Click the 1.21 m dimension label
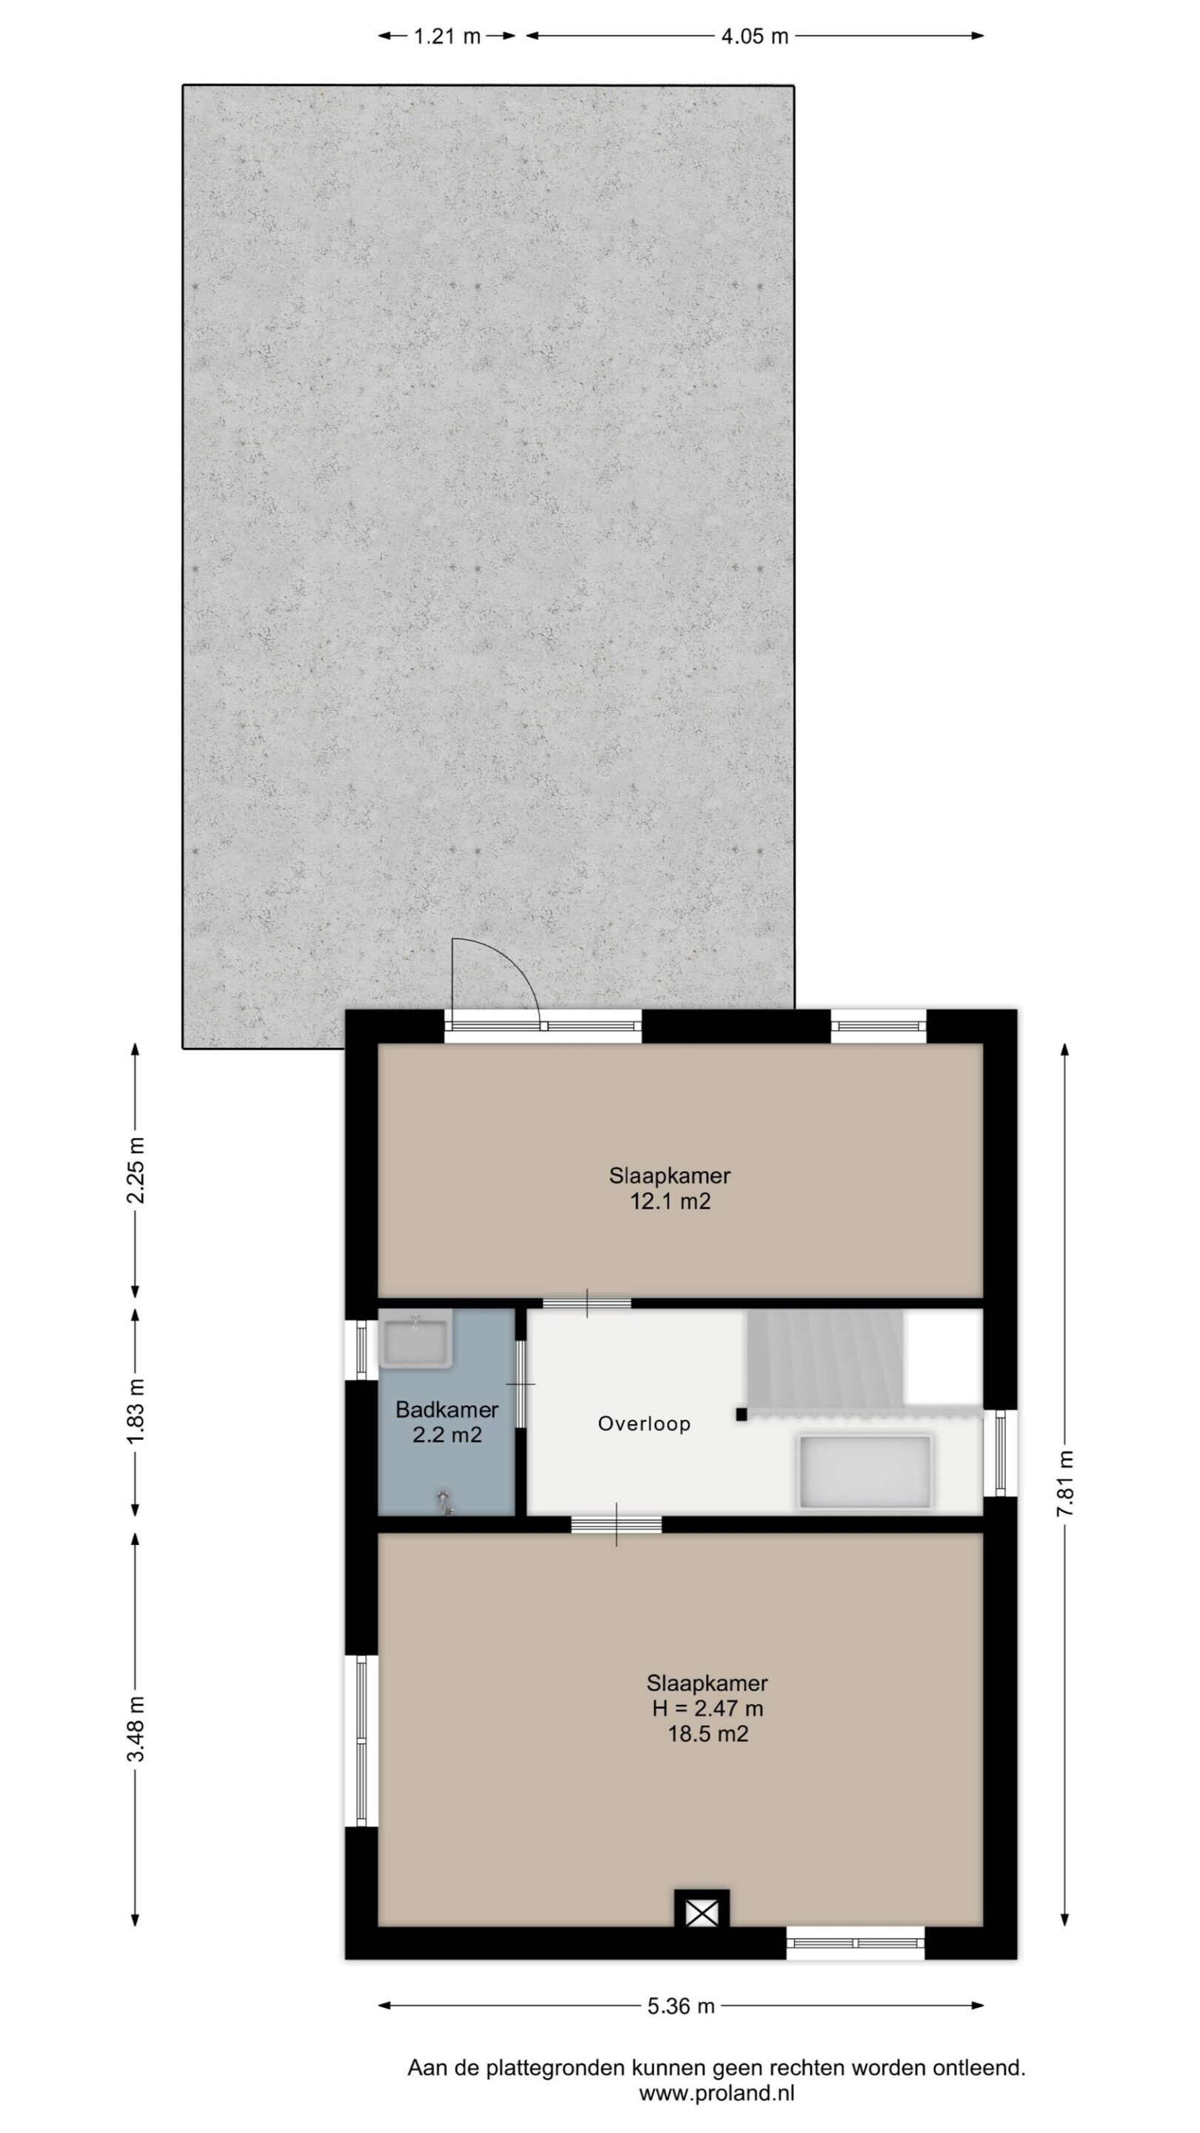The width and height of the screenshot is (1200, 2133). coord(447,36)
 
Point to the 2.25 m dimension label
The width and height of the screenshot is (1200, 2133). coord(136,1169)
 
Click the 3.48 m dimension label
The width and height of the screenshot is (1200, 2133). coord(136,1728)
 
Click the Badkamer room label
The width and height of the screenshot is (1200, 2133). coord(447,1409)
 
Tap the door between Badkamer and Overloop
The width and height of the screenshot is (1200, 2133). coord(521,1383)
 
